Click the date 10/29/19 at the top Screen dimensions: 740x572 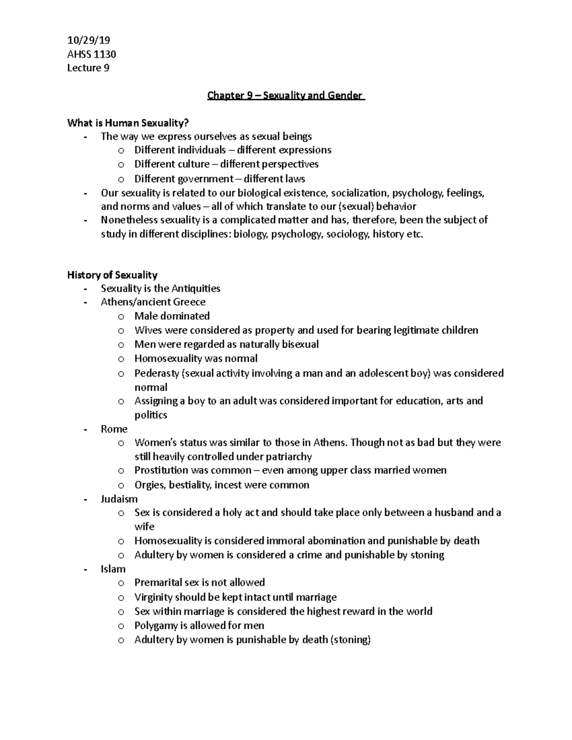point(89,41)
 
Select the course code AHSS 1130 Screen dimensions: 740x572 point(92,54)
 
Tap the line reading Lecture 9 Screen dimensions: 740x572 point(88,68)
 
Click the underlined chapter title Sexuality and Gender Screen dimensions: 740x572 point(286,96)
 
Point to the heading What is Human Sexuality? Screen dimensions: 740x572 point(125,123)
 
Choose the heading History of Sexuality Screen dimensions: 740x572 point(112,275)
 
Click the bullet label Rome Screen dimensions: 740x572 point(114,429)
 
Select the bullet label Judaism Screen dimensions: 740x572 point(119,499)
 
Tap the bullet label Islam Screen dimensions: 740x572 point(113,569)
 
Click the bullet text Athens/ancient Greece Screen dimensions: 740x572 point(153,302)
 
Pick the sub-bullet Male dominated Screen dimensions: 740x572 point(172,316)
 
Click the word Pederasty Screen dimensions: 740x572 point(157,373)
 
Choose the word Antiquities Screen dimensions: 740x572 point(195,288)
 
